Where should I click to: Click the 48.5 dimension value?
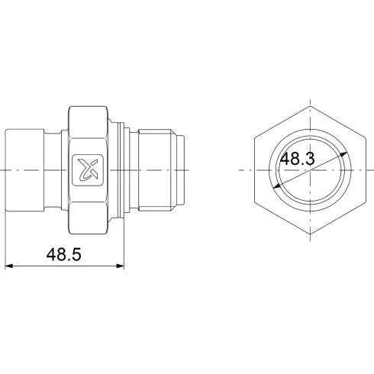click(x=63, y=254)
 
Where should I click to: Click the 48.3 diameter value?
click(x=298, y=160)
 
